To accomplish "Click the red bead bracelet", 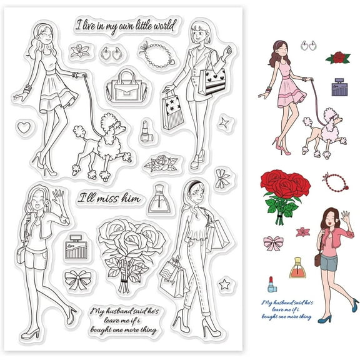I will coord(334,181).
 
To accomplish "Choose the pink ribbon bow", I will coord(272,243).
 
